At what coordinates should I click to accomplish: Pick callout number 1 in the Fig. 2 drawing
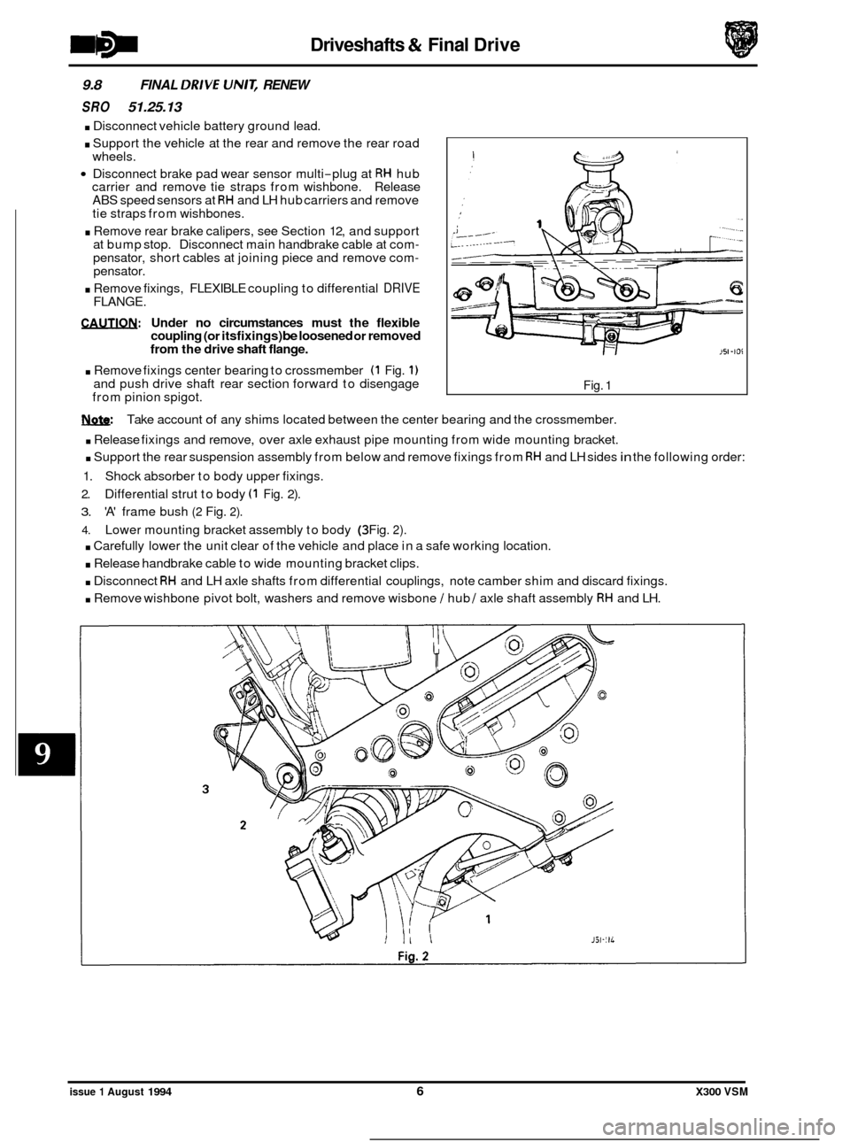coord(488,895)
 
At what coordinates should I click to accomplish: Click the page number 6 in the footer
coord(425,1093)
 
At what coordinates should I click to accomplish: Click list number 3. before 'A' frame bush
coord(86,512)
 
